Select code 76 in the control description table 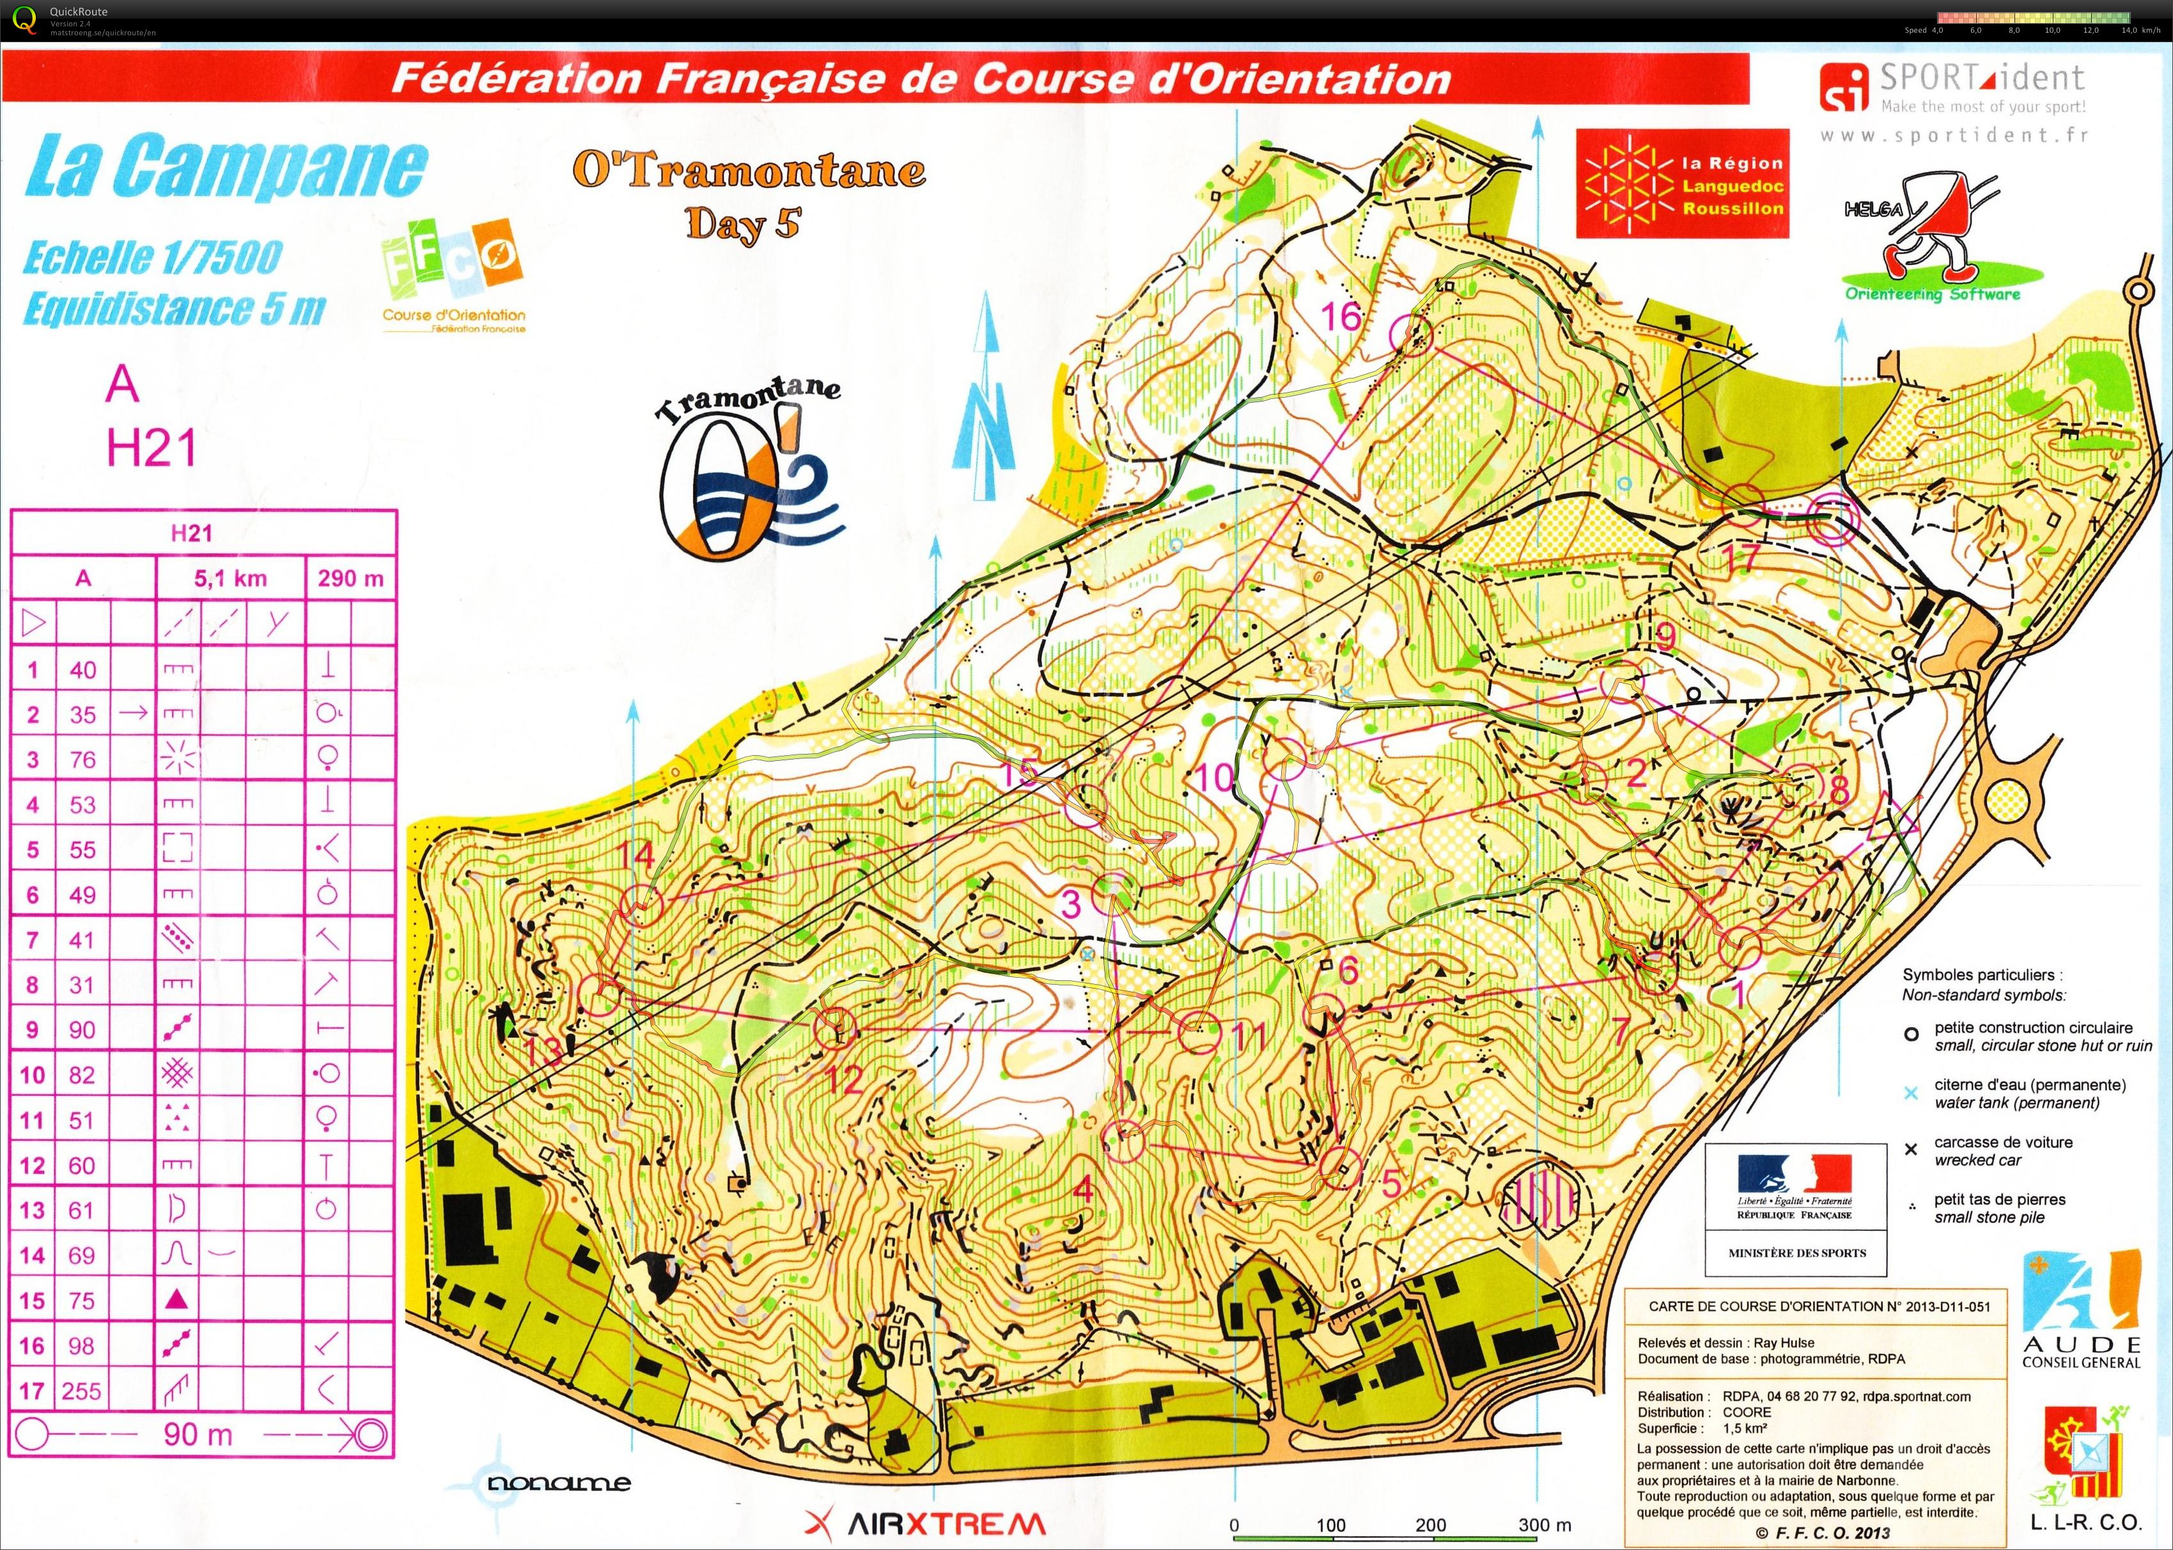(x=83, y=760)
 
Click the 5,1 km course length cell (x=230, y=579)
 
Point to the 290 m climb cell (x=350, y=579)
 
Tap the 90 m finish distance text (x=198, y=1434)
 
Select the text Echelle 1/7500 (x=153, y=258)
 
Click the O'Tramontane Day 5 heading (x=748, y=196)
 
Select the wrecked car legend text (x=2002, y=1150)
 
